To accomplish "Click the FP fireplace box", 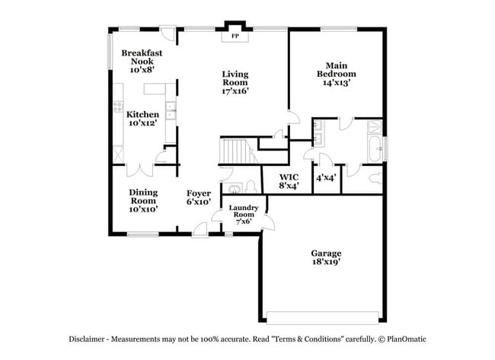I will (x=235, y=36).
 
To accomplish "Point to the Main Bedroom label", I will (x=337, y=69).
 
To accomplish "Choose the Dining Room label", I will (x=143, y=196).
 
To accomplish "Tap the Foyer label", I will (x=199, y=193).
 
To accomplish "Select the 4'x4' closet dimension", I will (x=326, y=177).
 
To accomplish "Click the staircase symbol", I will (x=235, y=151).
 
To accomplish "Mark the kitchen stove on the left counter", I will (x=118, y=107).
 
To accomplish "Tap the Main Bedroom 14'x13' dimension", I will (x=337, y=83).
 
